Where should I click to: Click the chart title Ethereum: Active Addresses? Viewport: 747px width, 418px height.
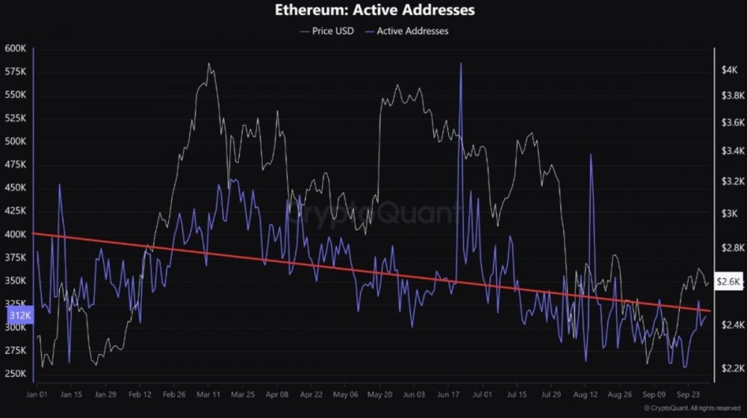coord(373,11)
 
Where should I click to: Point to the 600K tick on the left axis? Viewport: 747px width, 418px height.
coord(16,49)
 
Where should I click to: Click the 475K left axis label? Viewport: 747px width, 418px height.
coord(16,165)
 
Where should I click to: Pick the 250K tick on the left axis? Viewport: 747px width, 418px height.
coord(16,374)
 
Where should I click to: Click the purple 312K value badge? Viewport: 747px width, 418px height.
coord(14,316)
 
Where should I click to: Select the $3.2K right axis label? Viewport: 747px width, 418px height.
coord(729,181)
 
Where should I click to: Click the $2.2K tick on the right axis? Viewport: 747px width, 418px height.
coord(729,369)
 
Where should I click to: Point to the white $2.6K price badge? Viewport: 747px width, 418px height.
coord(728,282)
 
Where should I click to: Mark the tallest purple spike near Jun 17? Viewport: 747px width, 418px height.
coord(461,64)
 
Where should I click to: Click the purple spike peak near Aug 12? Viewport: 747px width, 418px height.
coord(591,155)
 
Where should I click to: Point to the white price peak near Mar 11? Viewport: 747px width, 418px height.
coord(208,64)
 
